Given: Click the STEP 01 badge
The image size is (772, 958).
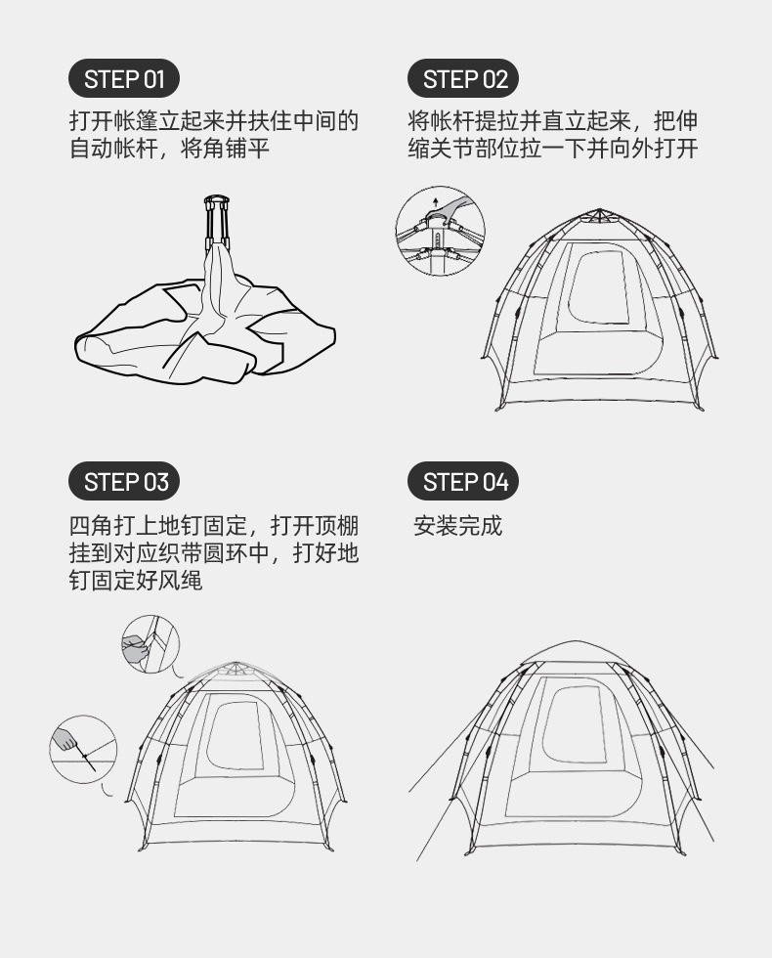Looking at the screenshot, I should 124,79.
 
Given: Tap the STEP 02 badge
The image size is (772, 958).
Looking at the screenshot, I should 463,79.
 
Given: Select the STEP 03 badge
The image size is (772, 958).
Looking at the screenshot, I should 124,482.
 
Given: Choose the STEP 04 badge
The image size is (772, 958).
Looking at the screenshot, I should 463,482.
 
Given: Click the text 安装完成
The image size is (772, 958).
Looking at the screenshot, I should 457,526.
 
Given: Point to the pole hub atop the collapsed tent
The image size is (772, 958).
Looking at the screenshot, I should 216,203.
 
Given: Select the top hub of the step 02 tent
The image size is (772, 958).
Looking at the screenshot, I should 599,213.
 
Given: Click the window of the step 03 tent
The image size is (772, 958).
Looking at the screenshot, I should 236,736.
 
